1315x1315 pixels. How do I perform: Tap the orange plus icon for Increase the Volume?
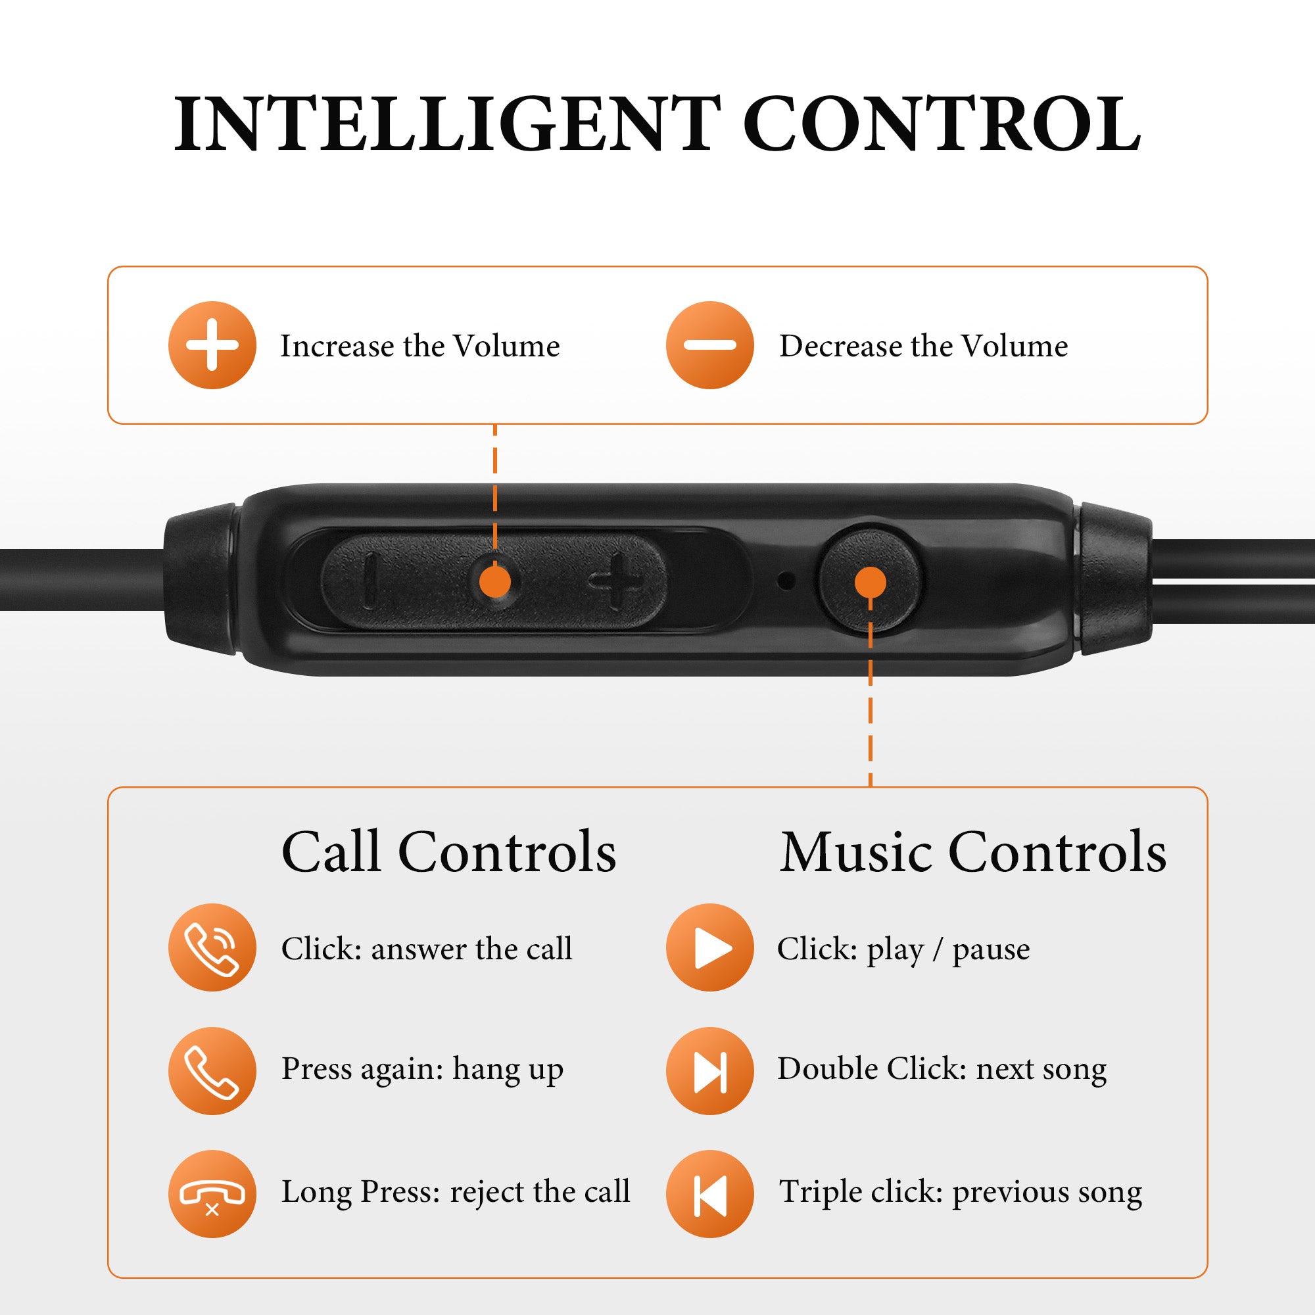coord(212,345)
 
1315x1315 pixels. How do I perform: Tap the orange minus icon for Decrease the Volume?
coord(710,345)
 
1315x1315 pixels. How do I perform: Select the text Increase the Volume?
coord(420,346)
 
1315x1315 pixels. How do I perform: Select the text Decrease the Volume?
coord(924,346)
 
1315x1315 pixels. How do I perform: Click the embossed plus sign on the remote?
coord(617,581)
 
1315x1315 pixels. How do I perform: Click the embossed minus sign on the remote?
coord(370,581)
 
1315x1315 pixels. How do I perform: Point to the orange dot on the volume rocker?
coord(495,582)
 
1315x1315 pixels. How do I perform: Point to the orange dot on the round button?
coord(871,582)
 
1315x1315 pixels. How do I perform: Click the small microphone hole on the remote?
coord(787,581)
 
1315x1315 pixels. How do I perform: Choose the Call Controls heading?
coord(448,851)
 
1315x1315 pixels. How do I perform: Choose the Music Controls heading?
coord(972,851)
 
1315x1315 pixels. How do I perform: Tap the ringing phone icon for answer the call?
coord(212,947)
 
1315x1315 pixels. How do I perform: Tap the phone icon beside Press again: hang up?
coord(212,1070)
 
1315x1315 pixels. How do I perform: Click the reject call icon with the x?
coord(212,1194)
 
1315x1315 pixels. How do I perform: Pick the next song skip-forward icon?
coord(710,1070)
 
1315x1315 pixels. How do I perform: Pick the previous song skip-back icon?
coord(710,1194)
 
